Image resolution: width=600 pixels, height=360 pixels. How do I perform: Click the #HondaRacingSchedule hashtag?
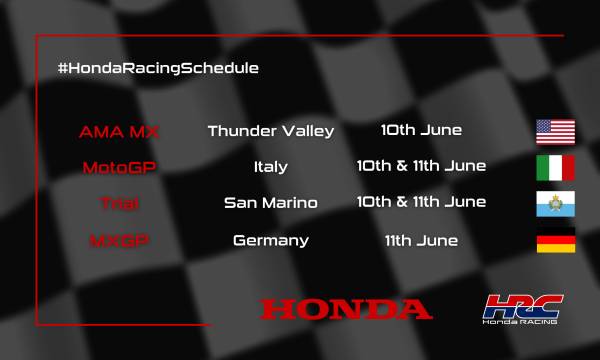point(158,68)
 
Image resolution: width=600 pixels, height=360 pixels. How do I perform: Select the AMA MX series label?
point(119,131)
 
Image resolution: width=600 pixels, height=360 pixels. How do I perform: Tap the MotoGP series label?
point(119,167)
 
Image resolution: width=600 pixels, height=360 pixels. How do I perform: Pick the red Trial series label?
point(119,203)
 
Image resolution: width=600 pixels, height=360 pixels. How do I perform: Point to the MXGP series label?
point(119,240)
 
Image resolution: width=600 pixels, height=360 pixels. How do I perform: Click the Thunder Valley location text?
point(270,131)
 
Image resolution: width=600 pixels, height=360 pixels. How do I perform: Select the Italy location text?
point(270,167)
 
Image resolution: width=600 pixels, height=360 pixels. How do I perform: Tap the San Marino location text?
point(270,203)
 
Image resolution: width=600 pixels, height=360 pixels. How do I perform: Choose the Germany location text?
point(270,240)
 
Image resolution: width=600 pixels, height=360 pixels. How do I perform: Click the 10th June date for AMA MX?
point(420,130)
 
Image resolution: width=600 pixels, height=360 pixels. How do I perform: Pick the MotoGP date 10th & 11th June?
point(420,166)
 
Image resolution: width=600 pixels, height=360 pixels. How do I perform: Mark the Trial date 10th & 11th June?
point(420,202)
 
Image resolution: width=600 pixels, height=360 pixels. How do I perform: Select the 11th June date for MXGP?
point(420,240)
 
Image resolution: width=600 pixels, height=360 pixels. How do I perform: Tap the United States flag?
point(554,131)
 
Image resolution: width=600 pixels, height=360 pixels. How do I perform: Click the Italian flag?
point(554,167)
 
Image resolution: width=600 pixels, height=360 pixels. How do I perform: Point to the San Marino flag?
point(554,203)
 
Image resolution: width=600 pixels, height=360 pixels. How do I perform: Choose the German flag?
point(554,240)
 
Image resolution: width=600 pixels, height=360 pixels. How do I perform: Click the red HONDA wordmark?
point(346,308)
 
